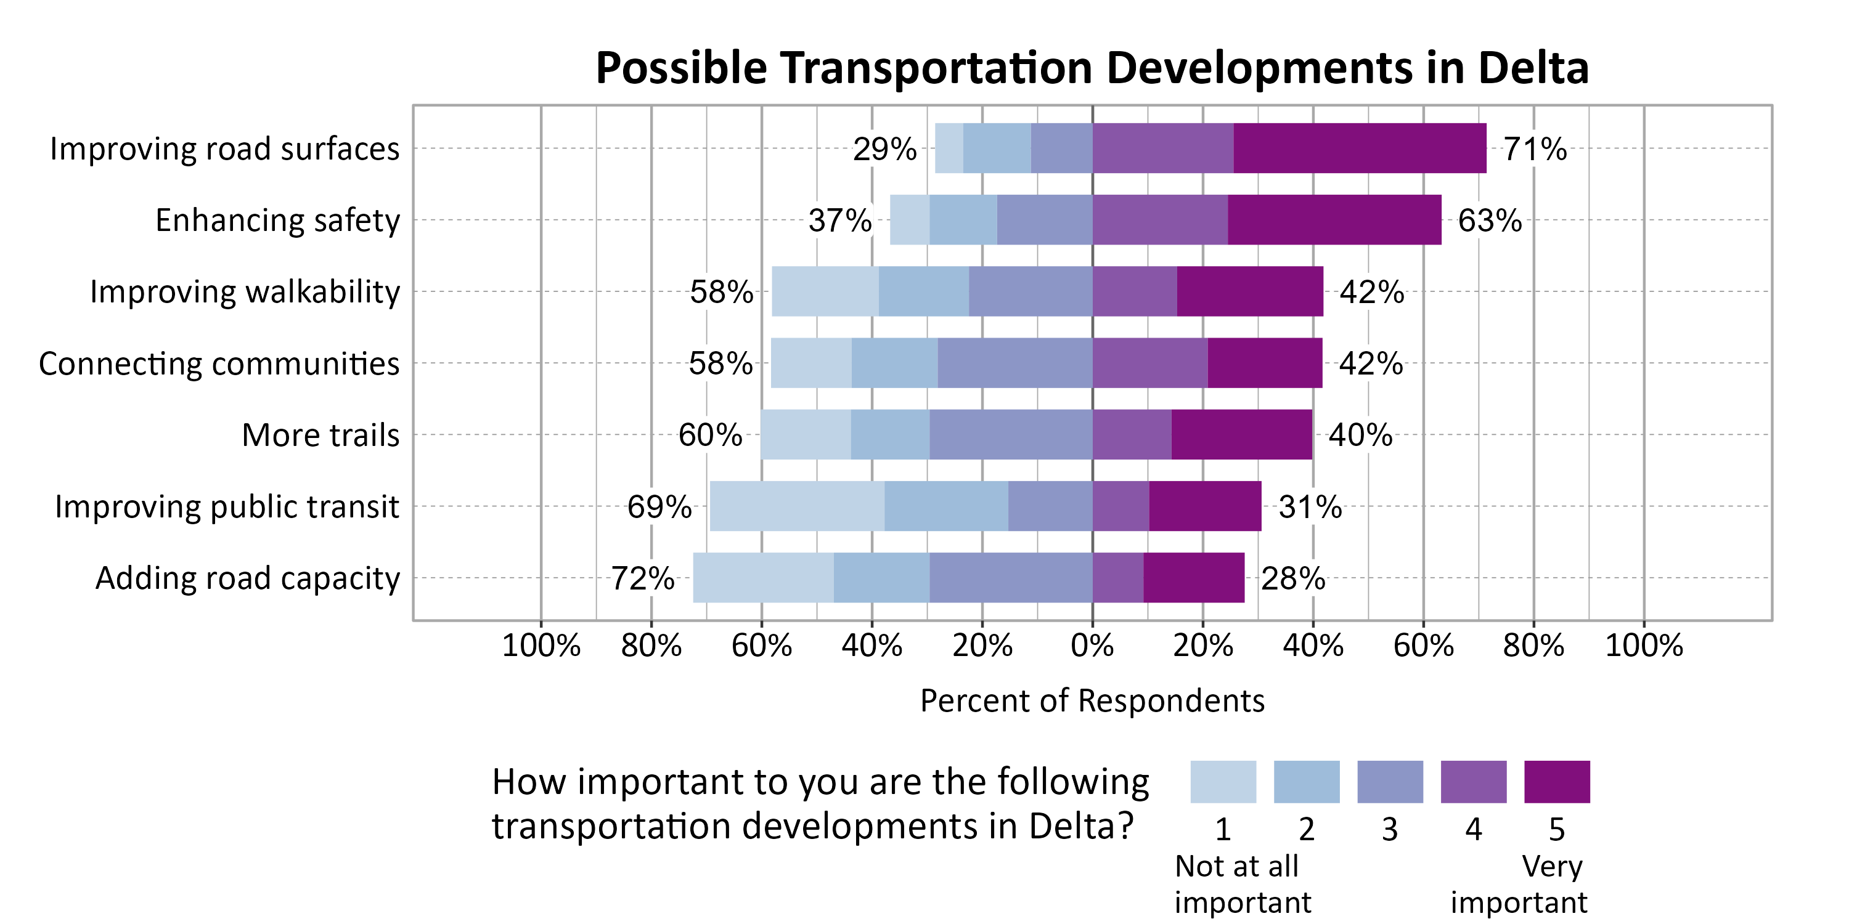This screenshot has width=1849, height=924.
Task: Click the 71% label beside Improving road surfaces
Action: point(1535,149)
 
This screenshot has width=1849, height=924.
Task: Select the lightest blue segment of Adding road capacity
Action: point(763,578)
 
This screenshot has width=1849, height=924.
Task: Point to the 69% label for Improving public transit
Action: point(659,506)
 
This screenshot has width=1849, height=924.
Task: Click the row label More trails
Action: point(320,435)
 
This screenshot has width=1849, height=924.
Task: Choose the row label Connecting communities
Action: point(219,363)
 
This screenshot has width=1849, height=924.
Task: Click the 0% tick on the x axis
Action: point(1092,646)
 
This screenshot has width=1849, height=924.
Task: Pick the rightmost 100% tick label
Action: point(1644,646)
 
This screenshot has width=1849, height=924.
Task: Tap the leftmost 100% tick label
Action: point(541,646)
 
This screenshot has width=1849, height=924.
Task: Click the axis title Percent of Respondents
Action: point(1092,701)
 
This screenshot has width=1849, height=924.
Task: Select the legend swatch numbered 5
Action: point(1556,781)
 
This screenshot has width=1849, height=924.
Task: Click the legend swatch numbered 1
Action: point(1222,781)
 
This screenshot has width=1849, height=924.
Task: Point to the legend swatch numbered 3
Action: point(1390,781)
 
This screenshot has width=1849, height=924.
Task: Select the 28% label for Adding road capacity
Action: point(1292,578)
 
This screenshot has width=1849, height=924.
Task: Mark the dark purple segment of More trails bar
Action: point(1241,435)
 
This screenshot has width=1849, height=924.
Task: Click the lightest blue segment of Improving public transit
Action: point(797,506)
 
